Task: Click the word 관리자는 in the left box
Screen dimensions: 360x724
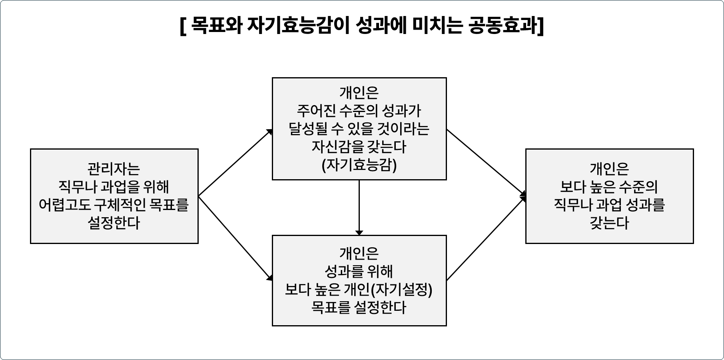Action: pyautogui.click(x=114, y=169)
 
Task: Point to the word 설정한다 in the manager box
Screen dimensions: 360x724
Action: pyautogui.click(x=114, y=223)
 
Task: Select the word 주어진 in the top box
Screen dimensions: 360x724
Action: pyautogui.click(x=316, y=111)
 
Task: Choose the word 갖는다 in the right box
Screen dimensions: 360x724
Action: pyautogui.click(x=609, y=223)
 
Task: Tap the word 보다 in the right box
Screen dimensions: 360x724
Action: pyautogui.click(x=573, y=187)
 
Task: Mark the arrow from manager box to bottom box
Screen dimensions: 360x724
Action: pyautogui.click(x=235, y=238)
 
